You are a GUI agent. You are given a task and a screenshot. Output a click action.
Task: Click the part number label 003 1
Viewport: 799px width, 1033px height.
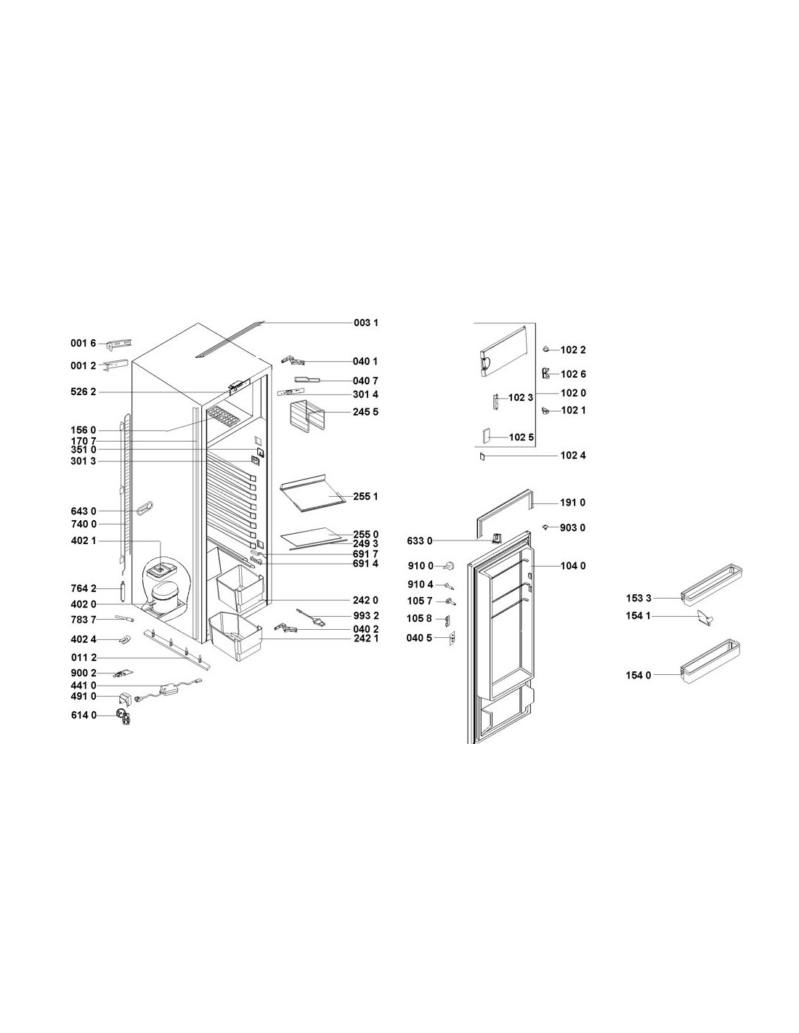[365, 323]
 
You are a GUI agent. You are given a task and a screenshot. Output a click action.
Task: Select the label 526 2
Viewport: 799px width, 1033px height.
[84, 392]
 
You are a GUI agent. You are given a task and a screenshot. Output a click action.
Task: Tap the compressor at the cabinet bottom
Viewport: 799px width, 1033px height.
[163, 598]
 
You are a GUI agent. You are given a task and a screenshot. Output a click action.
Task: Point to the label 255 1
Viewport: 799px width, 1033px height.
[365, 496]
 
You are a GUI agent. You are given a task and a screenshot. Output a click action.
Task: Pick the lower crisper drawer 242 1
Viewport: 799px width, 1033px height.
[235, 636]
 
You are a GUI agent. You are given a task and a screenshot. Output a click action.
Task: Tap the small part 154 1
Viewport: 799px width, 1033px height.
[705, 618]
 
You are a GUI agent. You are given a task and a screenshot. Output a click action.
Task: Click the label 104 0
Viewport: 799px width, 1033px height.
[573, 566]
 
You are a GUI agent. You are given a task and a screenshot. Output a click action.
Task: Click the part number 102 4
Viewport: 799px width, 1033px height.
[573, 455]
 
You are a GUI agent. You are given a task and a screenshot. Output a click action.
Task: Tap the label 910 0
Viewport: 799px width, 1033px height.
[420, 566]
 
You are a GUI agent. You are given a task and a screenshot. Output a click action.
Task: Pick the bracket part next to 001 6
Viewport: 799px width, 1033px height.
[119, 344]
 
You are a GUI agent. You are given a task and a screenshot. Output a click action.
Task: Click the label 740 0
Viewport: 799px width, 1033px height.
[84, 524]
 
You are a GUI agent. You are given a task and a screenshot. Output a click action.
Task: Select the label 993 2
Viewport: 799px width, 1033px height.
[366, 615]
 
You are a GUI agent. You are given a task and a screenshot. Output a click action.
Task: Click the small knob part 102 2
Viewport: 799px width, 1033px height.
[547, 349]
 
